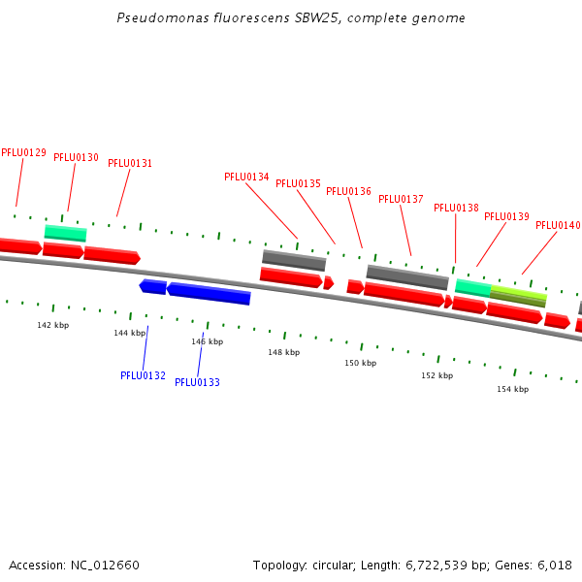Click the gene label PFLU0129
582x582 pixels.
click(x=23, y=152)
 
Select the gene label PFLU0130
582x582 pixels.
click(x=76, y=157)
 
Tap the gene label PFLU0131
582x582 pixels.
click(x=130, y=164)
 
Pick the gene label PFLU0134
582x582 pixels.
click(x=246, y=177)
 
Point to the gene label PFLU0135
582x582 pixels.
click(x=298, y=183)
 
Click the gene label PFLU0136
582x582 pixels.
click(x=348, y=191)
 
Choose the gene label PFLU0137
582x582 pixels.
click(x=401, y=199)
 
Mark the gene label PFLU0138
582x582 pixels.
click(x=456, y=208)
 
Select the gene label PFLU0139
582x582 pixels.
click(x=506, y=216)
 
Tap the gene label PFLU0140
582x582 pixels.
click(x=558, y=225)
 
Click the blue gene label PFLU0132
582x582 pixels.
click(x=143, y=375)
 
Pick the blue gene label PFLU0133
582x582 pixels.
click(x=197, y=382)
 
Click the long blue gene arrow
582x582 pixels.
click(x=210, y=293)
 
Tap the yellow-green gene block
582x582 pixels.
click(x=518, y=295)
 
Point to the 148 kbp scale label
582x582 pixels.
click(x=283, y=352)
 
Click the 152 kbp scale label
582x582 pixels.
click(x=436, y=375)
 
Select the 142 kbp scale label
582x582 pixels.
click(x=52, y=325)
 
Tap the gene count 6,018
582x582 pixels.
click(x=554, y=565)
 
